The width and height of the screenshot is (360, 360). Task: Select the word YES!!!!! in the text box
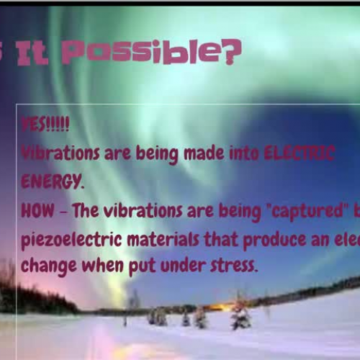[45, 124]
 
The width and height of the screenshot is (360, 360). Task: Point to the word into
[245, 153]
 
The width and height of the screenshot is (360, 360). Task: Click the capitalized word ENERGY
[51, 181]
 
